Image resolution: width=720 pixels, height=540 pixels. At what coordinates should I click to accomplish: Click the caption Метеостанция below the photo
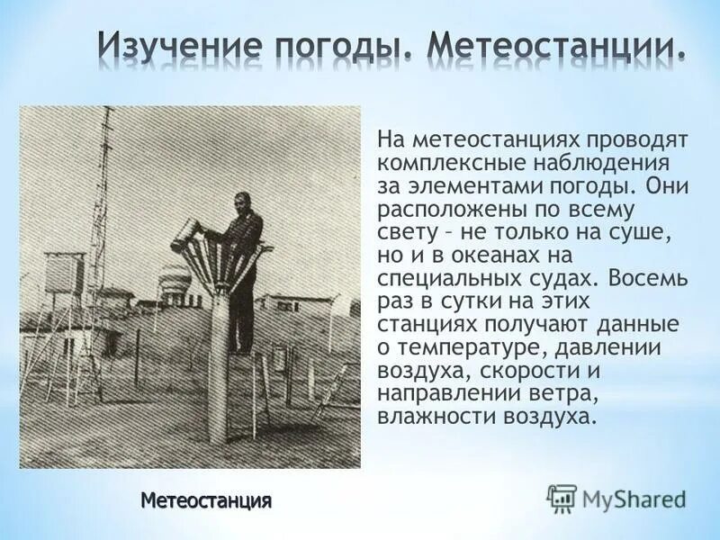[x=206, y=499]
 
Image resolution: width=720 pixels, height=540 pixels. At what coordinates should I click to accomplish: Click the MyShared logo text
[x=634, y=499]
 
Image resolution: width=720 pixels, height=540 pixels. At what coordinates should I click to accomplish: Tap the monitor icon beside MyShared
[x=562, y=499]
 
